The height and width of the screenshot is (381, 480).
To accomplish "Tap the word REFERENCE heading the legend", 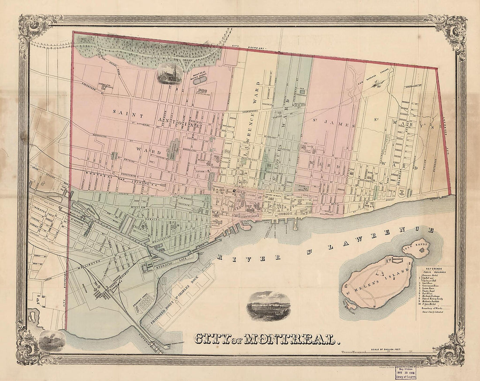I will pyautogui.click(x=434, y=269).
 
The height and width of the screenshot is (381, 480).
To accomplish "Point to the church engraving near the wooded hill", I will pyautogui.click(x=169, y=73).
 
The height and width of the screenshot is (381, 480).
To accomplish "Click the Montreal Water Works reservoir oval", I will pyautogui.click(x=199, y=81).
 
